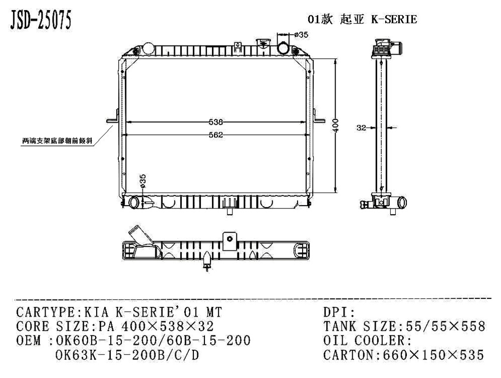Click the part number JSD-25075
41,20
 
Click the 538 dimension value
215,122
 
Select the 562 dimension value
215,135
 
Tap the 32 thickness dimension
361,128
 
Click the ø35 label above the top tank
301,35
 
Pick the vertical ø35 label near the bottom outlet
143,181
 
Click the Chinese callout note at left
57,141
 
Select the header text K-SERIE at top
394,19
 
